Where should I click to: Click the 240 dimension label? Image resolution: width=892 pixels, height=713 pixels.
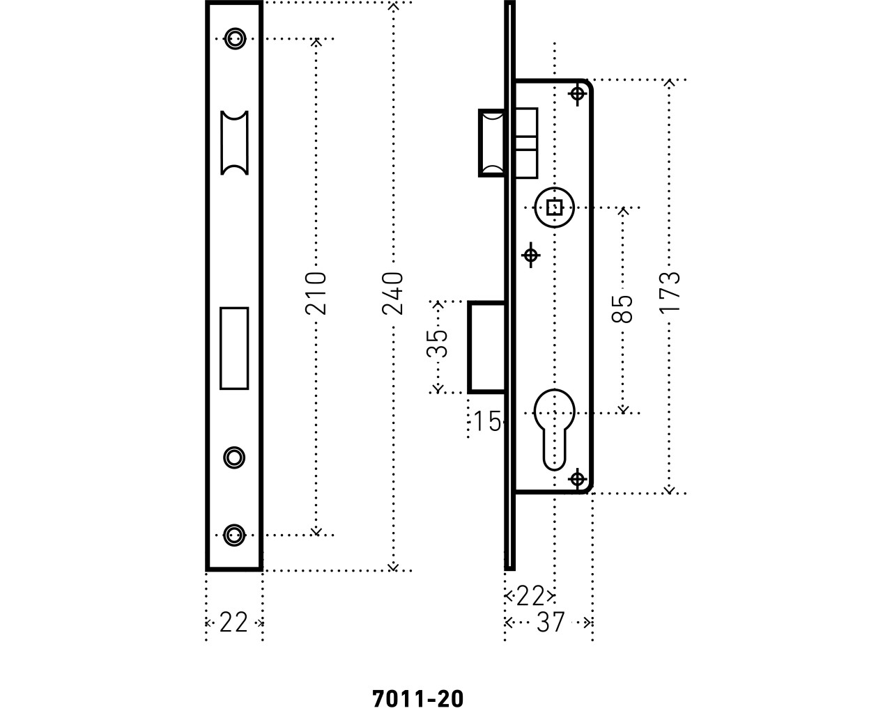[x=392, y=293]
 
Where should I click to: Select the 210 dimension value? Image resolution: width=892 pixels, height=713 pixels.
[x=316, y=293]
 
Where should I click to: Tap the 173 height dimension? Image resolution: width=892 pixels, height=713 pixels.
[x=670, y=292]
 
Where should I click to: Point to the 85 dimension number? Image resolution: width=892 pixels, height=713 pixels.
[x=622, y=308]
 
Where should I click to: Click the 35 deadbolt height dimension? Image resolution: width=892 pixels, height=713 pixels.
[x=438, y=343]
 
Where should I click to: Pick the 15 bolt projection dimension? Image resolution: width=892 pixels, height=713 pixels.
[x=487, y=421]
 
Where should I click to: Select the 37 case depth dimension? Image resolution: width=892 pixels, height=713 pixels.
[x=551, y=622]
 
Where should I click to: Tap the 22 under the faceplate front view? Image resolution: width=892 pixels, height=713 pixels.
[x=233, y=622]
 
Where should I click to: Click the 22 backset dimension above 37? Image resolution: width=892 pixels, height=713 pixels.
[x=530, y=596]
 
